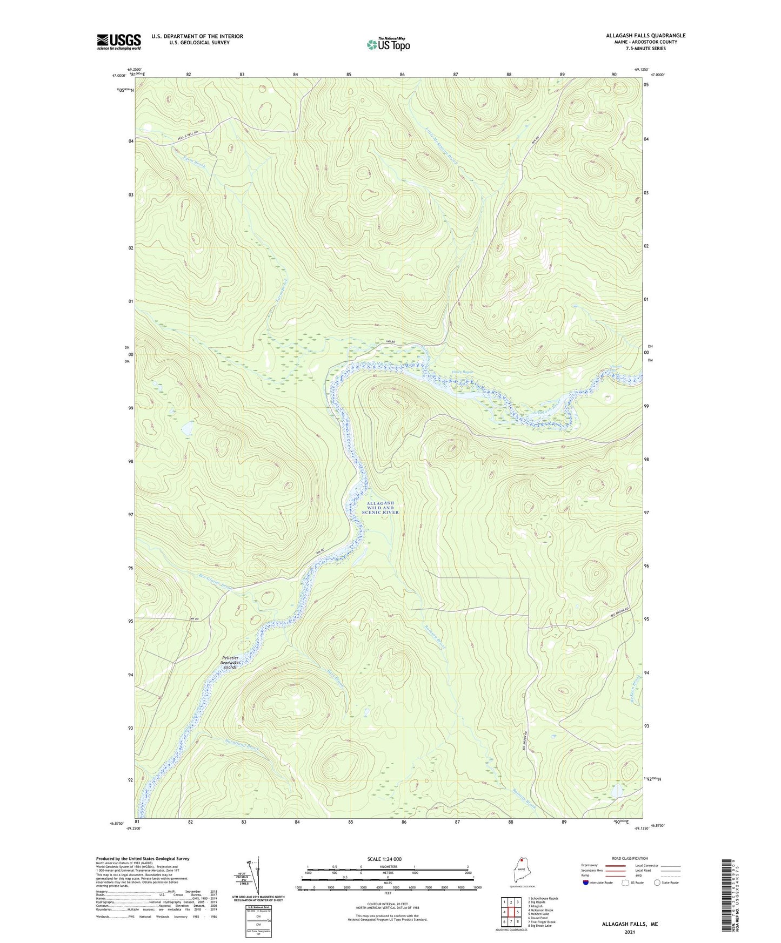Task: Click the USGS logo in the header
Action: coord(119,42)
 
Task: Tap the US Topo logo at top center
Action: coord(388,44)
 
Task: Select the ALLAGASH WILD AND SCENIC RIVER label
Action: coord(381,507)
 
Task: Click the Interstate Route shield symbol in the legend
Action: coord(586,883)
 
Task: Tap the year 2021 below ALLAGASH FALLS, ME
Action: coord(630,932)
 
